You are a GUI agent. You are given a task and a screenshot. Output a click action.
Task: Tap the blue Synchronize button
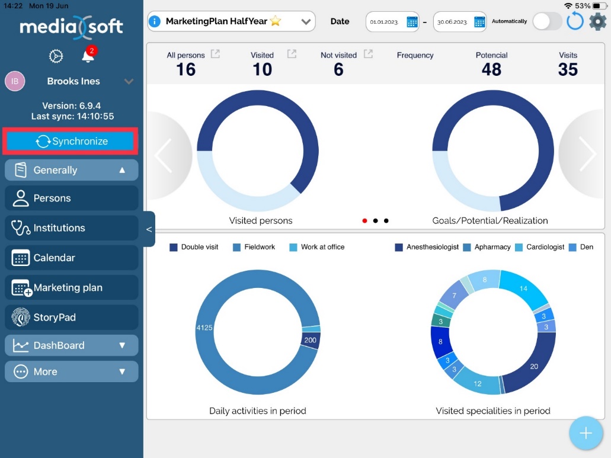click(x=71, y=142)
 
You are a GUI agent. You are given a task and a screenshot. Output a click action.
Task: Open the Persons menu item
click(x=71, y=198)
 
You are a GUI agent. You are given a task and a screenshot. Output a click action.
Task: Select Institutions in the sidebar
click(x=71, y=228)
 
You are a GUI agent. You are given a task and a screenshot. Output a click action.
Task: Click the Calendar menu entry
click(x=71, y=258)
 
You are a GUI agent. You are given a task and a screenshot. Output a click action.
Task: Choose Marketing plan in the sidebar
click(x=71, y=288)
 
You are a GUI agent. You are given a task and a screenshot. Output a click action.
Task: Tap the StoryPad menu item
click(x=71, y=318)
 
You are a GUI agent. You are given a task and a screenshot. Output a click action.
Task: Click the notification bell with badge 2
click(x=88, y=56)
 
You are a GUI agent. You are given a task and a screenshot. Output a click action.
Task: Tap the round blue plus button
click(x=586, y=433)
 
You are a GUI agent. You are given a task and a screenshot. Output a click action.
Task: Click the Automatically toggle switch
click(x=547, y=22)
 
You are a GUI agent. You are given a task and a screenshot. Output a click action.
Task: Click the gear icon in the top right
click(x=597, y=22)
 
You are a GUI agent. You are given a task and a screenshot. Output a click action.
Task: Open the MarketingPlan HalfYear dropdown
click(x=231, y=22)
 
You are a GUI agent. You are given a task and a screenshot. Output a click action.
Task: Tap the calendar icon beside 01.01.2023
click(x=412, y=22)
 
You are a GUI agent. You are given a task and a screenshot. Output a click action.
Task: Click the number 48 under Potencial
click(x=491, y=69)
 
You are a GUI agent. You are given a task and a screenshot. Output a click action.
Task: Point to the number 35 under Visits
click(x=568, y=69)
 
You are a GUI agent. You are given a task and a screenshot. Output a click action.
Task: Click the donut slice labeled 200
click(x=311, y=340)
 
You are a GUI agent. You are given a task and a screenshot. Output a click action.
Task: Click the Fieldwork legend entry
click(x=254, y=247)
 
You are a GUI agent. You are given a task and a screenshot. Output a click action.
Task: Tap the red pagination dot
click(x=364, y=221)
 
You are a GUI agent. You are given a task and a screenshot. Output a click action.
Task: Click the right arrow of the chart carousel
click(x=587, y=155)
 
